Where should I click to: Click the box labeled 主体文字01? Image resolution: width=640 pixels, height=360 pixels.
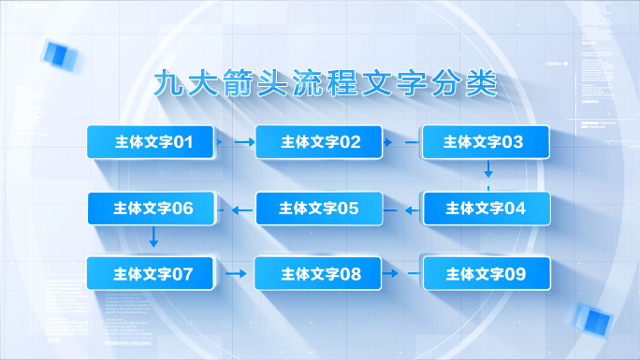tap(153, 142)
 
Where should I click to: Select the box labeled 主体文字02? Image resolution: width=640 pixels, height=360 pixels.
tap(320, 142)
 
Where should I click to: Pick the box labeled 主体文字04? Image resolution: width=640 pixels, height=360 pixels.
tap(487, 209)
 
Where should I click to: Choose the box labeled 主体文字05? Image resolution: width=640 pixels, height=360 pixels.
tap(320, 209)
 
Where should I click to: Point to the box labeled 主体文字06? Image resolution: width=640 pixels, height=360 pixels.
tap(153, 209)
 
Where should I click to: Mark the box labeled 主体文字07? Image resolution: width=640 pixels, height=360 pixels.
tap(153, 274)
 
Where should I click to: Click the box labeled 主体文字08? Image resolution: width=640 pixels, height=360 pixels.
tap(320, 274)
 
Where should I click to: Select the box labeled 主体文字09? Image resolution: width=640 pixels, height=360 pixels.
tap(487, 274)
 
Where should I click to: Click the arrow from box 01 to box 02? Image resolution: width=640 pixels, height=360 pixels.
tap(241, 142)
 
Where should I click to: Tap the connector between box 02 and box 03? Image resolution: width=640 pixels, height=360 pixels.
tap(410, 142)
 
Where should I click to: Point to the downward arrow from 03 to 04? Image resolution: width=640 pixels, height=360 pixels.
tap(487, 171)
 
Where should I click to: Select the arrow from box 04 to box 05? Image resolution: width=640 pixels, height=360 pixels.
tap(412, 209)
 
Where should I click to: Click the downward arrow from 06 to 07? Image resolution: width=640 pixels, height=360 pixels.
tap(153, 239)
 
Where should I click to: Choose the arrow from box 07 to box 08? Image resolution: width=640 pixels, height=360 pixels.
tap(238, 274)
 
